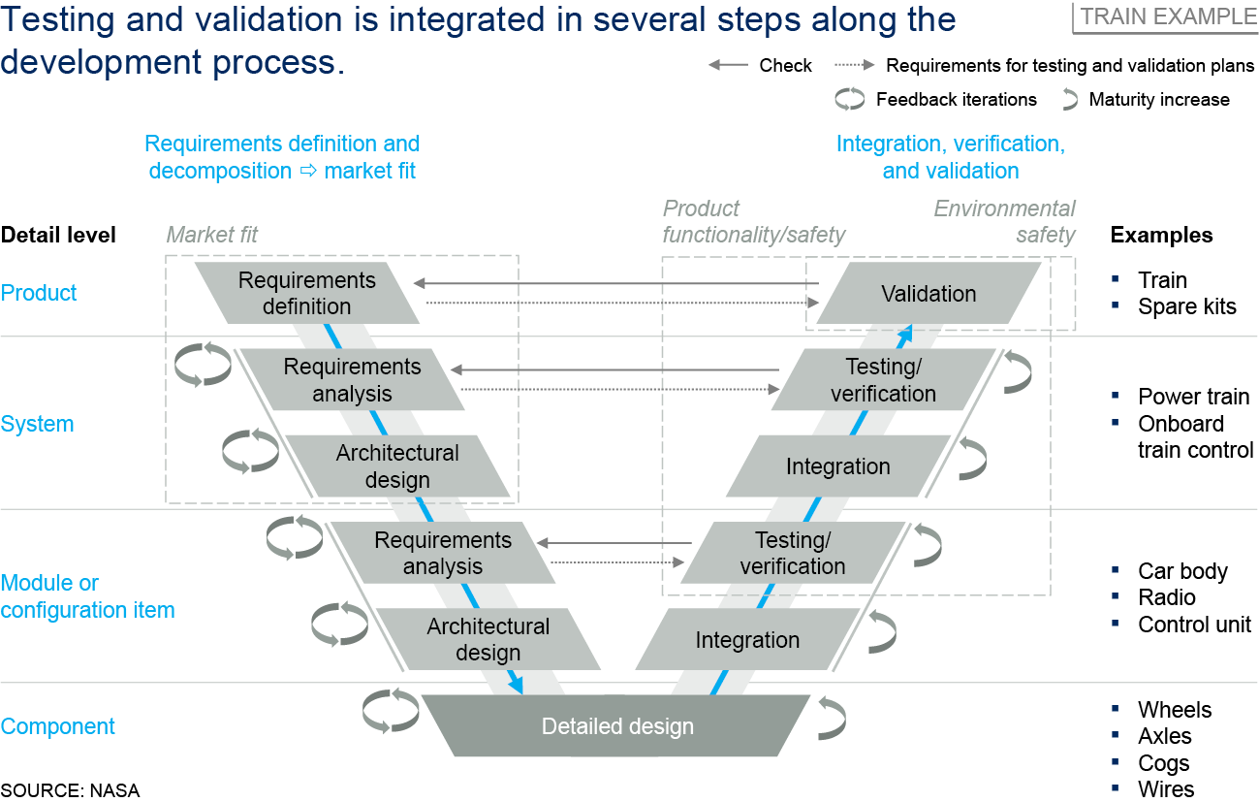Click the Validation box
click(x=929, y=294)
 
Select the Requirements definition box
click(x=307, y=293)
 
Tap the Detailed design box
click(x=617, y=726)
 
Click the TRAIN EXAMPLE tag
click(x=1167, y=16)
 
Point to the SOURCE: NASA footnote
click(x=70, y=789)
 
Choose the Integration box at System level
click(x=837, y=466)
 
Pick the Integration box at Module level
click(x=747, y=640)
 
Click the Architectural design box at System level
click(x=397, y=466)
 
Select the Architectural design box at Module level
click(x=488, y=640)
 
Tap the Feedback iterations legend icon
click(x=850, y=99)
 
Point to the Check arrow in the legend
click(x=728, y=66)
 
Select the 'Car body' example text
click(x=1182, y=571)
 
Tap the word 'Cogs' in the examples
click(x=1163, y=763)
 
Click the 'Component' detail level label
click(x=58, y=726)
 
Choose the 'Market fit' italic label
click(x=212, y=235)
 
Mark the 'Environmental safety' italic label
click(x=1005, y=221)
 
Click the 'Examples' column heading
click(x=1161, y=235)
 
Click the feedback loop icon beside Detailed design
click(x=391, y=711)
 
